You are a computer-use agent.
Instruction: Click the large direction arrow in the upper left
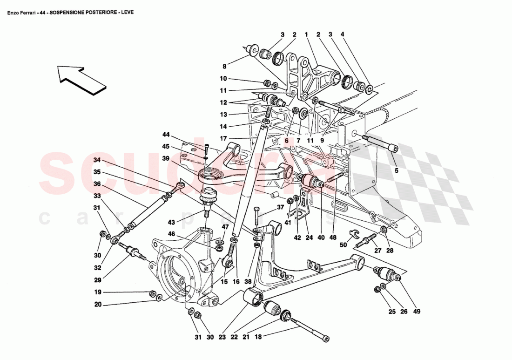80,78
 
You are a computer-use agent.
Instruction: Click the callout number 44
166,135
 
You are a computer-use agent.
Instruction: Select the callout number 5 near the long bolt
397,170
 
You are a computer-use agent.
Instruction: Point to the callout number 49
416,311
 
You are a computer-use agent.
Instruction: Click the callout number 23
222,337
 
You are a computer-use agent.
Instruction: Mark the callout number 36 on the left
97,184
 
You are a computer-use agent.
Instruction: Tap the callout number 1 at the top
306,34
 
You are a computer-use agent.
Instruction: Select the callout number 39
166,158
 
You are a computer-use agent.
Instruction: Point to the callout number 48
333,237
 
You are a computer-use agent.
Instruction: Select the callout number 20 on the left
97,306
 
